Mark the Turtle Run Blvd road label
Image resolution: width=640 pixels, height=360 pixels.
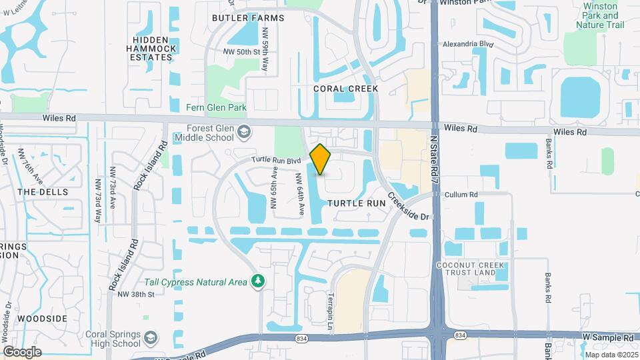coord(277,160)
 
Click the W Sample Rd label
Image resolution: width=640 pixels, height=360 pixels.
coord(606,339)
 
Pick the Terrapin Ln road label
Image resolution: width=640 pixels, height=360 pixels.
coord(329,312)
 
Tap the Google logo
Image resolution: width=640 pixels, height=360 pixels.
coord(22,351)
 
